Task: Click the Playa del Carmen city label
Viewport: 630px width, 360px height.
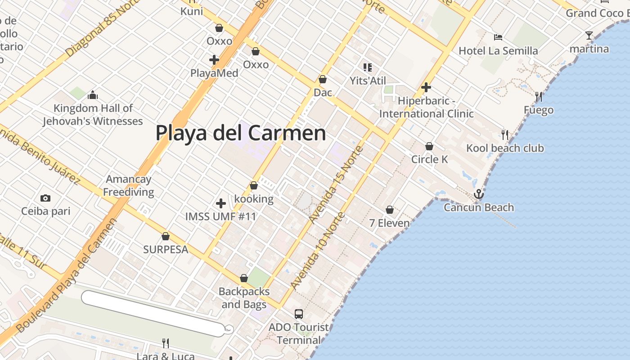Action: [x=241, y=133]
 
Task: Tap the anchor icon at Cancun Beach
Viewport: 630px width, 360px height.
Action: [x=479, y=194]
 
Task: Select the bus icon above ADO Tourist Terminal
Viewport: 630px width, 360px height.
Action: [x=299, y=314]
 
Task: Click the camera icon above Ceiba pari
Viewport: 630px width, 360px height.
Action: [x=45, y=198]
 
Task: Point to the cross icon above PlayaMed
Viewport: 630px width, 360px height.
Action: [x=214, y=59]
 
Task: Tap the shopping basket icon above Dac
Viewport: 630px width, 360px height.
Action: [x=323, y=80]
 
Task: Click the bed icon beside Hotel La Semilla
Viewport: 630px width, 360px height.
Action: [x=498, y=37]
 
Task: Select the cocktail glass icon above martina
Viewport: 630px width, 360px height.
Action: [x=589, y=35]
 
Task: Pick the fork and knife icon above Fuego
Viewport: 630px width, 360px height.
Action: [x=538, y=96]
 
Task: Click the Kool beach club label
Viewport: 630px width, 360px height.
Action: [x=505, y=148]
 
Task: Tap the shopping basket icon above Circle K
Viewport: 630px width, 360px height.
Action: [x=429, y=146]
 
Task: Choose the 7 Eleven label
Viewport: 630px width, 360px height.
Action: [x=389, y=223]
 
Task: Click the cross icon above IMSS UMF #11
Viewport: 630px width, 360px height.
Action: [x=221, y=203]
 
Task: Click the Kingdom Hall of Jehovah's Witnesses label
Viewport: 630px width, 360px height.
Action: [x=93, y=115]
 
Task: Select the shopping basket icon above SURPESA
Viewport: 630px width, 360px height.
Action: [x=166, y=236]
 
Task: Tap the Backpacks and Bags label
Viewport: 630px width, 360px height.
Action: [x=244, y=298]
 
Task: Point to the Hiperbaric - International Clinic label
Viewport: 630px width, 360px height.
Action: [x=426, y=108]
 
